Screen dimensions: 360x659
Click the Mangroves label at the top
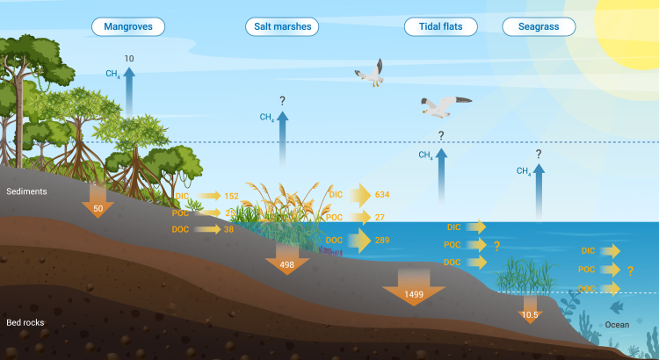click(128, 27)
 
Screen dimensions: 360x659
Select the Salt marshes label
click(281, 27)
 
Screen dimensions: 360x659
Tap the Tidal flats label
click(440, 27)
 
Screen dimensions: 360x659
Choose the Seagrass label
click(539, 27)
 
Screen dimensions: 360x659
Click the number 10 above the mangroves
click(129, 58)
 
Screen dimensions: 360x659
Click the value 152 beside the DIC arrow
click(232, 196)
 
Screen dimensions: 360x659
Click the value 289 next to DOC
click(381, 240)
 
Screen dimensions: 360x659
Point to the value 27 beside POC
click(380, 217)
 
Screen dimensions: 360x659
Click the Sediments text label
click(26, 191)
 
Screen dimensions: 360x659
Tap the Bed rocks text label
click(25, 322)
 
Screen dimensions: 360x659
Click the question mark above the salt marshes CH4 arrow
click(282, 101)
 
